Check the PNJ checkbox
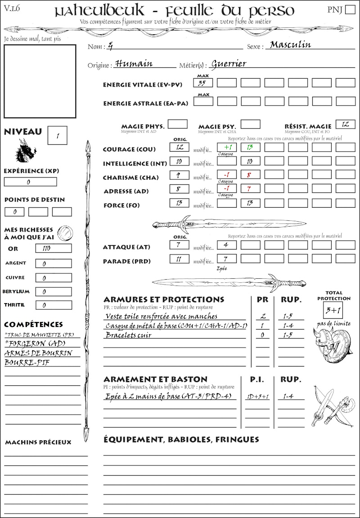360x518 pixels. coord(349,10)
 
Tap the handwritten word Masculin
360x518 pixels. coord(290,45)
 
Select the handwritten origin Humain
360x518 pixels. coord(134,63)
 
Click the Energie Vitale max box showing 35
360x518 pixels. coord(203,83)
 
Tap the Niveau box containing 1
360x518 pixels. coord(58,135)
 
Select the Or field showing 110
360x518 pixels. coord(54,248)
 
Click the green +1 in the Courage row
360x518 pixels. coord(227,147)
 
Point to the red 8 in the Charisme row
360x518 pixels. coord(250,175)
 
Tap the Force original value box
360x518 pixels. coord(179,203)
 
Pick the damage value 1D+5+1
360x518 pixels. coord(258,397)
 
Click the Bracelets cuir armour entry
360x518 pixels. coord(129,335)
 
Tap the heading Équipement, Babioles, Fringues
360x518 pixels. coord(181,439)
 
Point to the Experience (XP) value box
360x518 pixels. coord(30,182)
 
